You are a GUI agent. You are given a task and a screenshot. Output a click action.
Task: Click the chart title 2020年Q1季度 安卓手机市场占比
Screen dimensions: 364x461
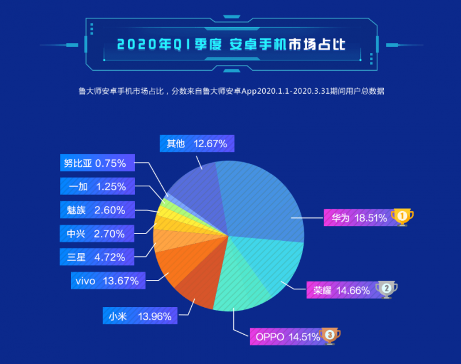(x=231, y=44)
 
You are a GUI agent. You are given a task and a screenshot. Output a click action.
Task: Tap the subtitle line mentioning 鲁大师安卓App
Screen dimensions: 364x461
(x=231, y=90)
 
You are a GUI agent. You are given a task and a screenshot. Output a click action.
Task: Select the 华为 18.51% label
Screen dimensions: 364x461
(x=357, y=218)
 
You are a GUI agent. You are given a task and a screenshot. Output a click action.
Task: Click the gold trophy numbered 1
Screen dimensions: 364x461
(x=402, y=217)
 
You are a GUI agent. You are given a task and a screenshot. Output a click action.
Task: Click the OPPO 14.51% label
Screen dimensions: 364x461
(x=285, y=337)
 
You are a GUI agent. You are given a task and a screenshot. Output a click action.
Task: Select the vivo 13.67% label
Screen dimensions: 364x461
(x=107, y=281)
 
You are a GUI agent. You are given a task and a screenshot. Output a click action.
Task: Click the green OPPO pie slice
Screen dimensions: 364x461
(x=242, y=282)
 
